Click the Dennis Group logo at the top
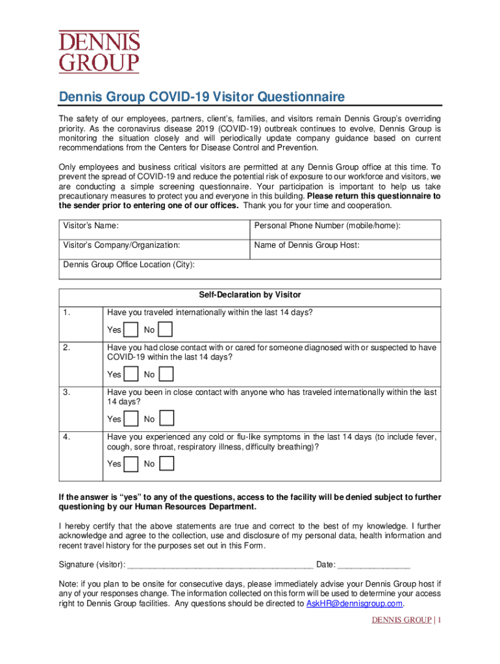point(99,53)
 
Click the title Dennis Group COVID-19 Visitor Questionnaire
point(202,97)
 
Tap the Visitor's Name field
point(154,230)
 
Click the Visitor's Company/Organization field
point(154,250)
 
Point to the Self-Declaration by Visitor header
point(250,295)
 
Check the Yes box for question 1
point(131,330)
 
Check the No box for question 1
point(166,330)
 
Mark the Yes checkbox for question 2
point(131,374)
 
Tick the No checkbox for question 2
point(166,374)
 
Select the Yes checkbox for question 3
point(131,419)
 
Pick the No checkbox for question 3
point(166,419)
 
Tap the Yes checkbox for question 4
point(131,464)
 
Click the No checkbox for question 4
point(166,464)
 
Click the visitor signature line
point(221,564)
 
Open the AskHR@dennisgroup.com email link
point(355,603)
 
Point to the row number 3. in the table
point(67,392)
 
